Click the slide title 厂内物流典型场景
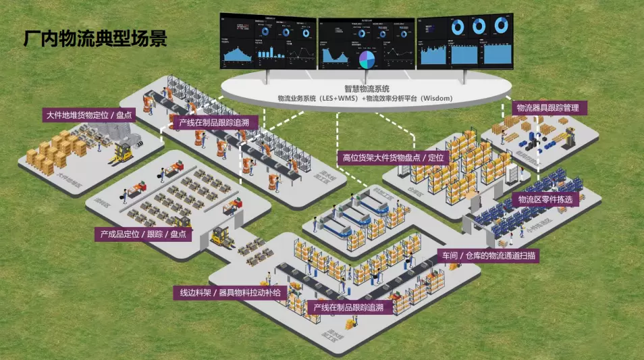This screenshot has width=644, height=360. point(95,38)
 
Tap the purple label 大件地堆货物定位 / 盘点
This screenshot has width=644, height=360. point(88,115)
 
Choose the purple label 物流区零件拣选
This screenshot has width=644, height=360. point(545,199)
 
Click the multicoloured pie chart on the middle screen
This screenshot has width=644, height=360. point(367,60)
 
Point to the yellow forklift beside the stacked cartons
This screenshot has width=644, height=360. point(125,151)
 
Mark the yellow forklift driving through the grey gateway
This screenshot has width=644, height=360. point(221,235)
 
